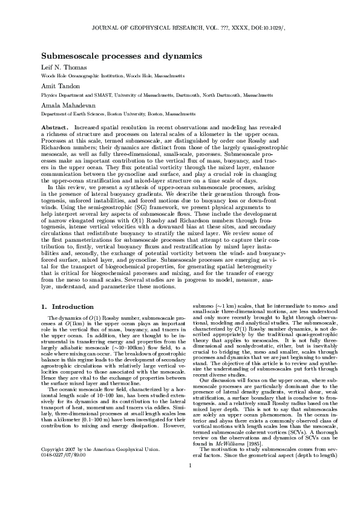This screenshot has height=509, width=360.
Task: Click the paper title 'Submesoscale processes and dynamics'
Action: point(121,56)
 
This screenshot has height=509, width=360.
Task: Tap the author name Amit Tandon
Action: point(60,86)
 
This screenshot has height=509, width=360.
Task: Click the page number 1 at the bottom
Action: point(189,482)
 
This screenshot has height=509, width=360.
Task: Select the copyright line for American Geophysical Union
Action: point(100,467)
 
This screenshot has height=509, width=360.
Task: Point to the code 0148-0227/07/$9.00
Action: point(64,472)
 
